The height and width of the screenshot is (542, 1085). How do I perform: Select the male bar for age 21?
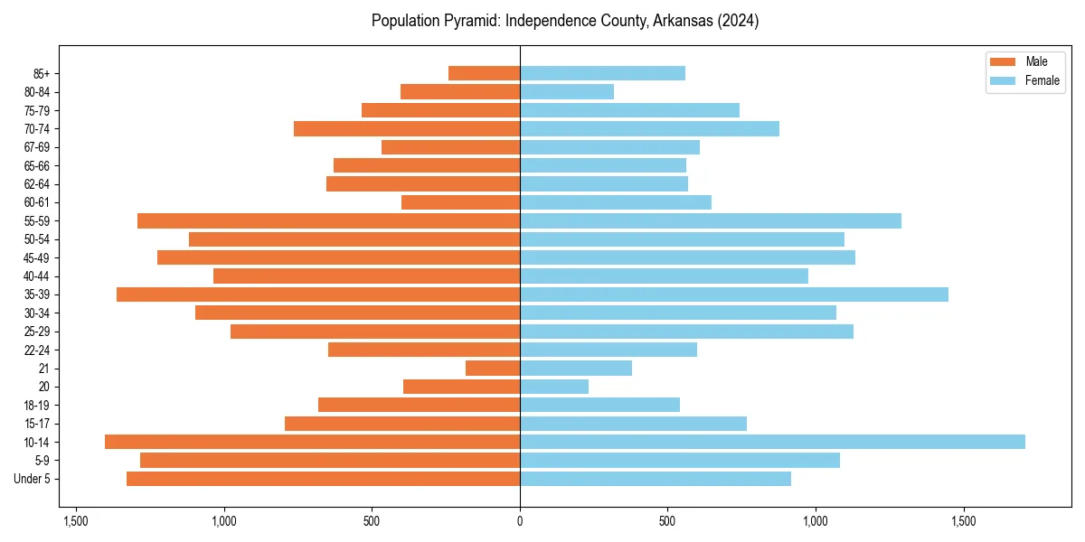pos(493,368)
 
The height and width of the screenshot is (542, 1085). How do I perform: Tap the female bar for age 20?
pos(554,387)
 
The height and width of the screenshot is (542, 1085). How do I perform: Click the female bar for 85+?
pos(602,73)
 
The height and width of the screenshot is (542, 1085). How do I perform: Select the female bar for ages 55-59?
pos(711,220)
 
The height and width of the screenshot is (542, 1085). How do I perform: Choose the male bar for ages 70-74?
pos(407,128)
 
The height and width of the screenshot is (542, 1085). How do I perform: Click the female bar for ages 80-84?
pos(567,91)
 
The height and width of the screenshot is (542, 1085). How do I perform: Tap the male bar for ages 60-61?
pos(460,202)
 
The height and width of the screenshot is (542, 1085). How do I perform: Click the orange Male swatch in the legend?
pos(1004,61)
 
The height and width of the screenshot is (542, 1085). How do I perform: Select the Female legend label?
pos(1042,80)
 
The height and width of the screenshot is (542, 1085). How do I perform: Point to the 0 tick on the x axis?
pos(520,521)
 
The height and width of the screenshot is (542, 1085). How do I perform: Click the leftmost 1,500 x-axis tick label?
pos(76,521)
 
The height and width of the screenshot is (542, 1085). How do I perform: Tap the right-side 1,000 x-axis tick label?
pos(816,521)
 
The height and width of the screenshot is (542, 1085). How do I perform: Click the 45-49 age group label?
pos(37,257)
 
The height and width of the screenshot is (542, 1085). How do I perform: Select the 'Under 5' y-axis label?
pos(32,479)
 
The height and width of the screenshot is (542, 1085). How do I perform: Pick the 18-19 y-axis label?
pos(37,405)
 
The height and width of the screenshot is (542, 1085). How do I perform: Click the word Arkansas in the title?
pos(670,21)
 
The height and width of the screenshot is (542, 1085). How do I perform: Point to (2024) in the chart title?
pos(736,21)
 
